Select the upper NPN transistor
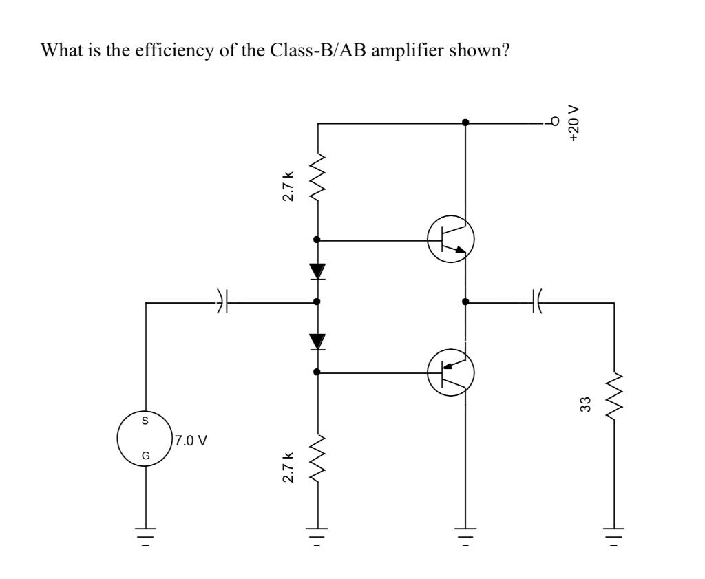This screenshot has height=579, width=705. pos(451,240)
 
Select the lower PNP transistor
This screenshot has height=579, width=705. pos(451,372)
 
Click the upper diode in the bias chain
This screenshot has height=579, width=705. pos(317,271)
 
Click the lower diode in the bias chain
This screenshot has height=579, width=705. pos(317,341)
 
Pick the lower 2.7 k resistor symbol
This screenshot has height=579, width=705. pos(317,457)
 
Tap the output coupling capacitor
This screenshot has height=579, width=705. pos(536,302)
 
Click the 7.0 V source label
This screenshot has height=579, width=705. pos(190,441)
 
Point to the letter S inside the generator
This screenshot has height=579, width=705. pos(145,420)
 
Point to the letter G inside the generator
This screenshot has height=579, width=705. pos(145,455)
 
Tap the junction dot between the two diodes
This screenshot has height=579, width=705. pos(317,302)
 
